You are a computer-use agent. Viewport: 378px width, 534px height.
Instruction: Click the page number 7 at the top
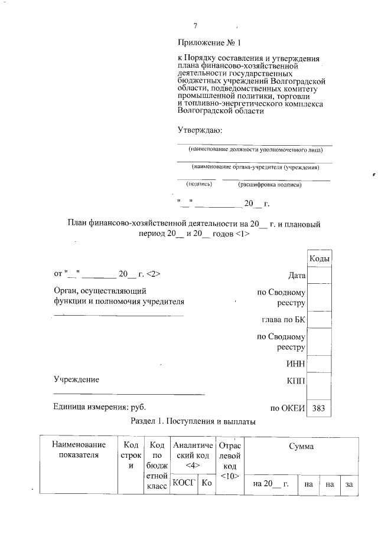pos(195,25)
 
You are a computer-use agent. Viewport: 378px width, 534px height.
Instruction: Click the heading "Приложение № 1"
pos(210,42)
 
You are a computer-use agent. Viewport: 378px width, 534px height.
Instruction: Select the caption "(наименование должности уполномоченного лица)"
pos(255,150)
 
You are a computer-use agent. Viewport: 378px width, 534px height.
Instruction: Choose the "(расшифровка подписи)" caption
pos(269,185)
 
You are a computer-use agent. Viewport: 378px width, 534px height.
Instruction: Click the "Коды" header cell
pos(320,258)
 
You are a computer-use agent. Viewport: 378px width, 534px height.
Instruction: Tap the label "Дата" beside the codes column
pos(296,276)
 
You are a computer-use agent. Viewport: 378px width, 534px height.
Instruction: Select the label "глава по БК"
pos(283,320)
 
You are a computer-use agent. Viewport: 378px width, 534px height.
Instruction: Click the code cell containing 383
pos(319,408)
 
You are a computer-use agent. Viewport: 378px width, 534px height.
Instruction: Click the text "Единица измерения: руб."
pos(99,407)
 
